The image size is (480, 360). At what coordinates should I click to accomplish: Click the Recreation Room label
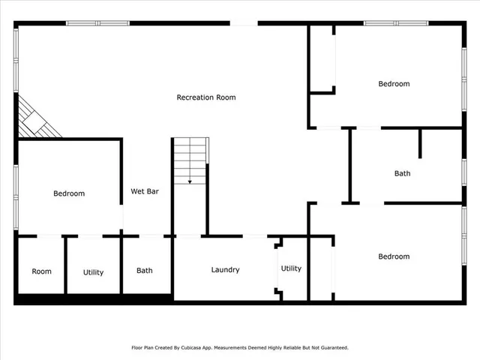[206, 97]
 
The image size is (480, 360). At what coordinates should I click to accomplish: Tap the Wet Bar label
[145, 191]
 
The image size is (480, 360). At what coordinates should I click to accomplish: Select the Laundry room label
[225, 269]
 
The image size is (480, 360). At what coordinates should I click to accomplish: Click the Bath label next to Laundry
[145, 271]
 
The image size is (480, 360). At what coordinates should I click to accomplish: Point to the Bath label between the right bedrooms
[402, 173]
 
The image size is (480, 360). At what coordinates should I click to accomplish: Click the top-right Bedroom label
[394, 84]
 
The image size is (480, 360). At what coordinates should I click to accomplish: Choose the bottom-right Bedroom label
[394, 256]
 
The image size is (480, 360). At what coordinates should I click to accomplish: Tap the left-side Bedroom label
[69, 193]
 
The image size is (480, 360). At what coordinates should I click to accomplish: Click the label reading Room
[42, 271]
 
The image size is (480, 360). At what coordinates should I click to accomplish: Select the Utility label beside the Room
[93, 272]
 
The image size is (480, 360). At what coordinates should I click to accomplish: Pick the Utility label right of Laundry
[291, 268]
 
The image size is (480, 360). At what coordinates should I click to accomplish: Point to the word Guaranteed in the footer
[331, 348]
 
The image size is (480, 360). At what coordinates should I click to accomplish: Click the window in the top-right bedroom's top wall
[396, 23]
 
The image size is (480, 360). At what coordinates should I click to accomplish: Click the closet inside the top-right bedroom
[322, 60]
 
